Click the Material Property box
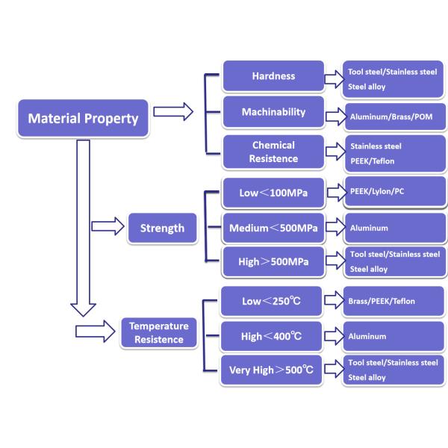[x=83, y=118]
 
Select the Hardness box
[x=273, y=76]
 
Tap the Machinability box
[x=273, y=112]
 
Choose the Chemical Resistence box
[x=273, y=152]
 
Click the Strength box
[x=161, y=228]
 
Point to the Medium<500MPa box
[x=273, y=228]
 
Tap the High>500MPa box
[x=273, y=261]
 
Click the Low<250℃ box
[x=271, y=301]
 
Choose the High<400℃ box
[x=271, y=337]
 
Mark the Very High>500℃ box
[x=271, y=370]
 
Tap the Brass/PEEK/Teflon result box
[x=393, y=301]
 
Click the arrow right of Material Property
[x=172, y=112]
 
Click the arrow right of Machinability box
[x=334, y=116]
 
